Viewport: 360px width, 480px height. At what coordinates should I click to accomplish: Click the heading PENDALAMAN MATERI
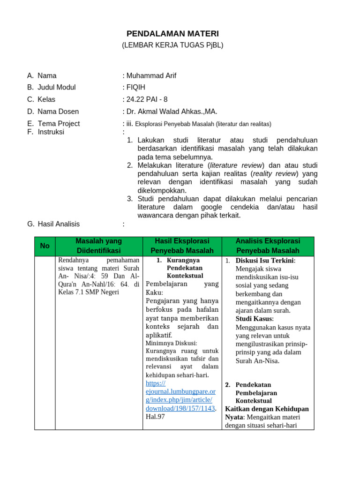pos(172,34)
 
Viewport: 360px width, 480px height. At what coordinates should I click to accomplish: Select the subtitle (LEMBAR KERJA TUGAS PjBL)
pos(172,45)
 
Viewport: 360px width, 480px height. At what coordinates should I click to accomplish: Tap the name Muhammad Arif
pos(150,75)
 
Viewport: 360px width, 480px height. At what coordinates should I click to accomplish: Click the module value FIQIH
pos(135,87)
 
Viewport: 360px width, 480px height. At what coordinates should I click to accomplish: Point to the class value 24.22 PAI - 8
pos(146,99)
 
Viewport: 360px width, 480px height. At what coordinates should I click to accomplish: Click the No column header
pos(45,246)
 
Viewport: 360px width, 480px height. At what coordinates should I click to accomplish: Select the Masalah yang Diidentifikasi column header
pos(99,246)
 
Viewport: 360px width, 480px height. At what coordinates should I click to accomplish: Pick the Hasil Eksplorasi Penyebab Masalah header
pos(182,246)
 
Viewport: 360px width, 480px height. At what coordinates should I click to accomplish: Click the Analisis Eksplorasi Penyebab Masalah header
pos(268,246)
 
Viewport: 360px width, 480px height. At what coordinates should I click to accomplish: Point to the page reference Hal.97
pos(155,416)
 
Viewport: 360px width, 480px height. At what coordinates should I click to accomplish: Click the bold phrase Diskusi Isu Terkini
pos(265,261)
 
